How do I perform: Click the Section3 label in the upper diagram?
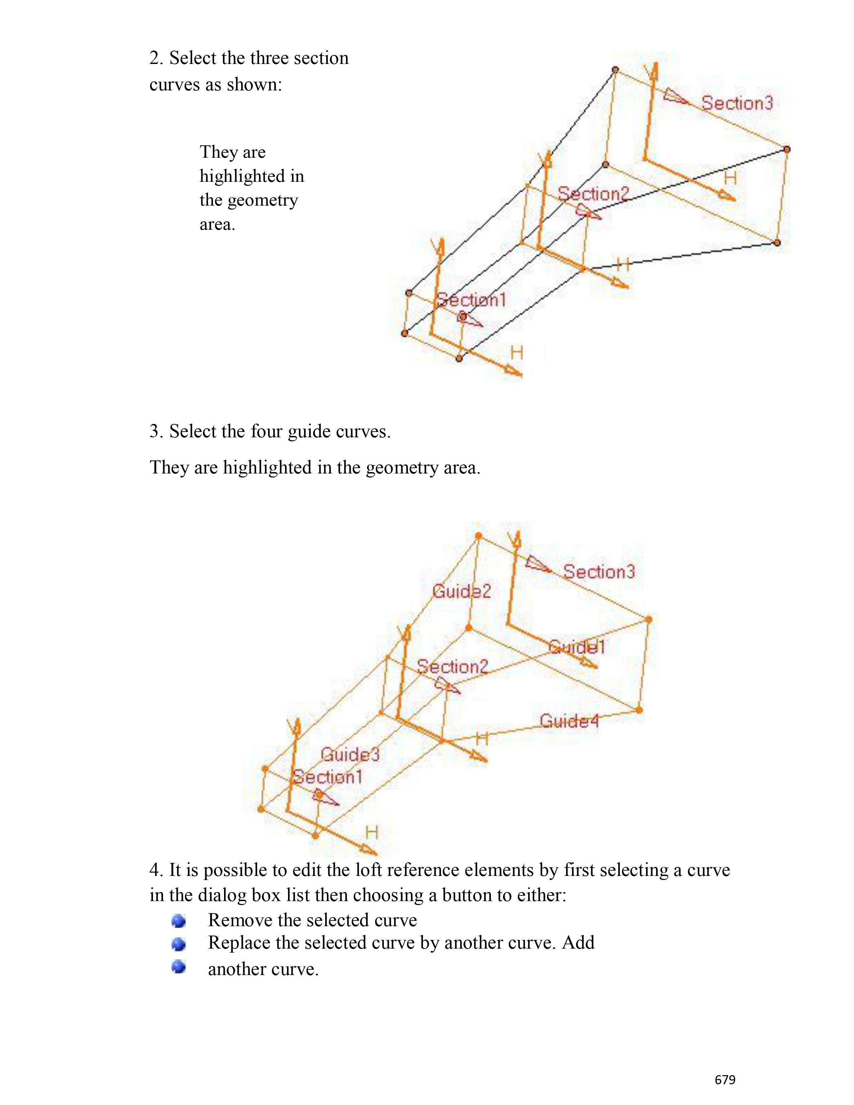pos(737,103)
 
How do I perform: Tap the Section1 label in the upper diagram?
pos(471,300)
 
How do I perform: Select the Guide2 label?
pos(461,591)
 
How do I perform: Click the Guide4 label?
pos(569,721)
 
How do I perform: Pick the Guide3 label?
pos(350,754)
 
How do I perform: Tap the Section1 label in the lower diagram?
pos(328,777)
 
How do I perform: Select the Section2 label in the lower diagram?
pos(452,667)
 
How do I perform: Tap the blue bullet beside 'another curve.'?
pos(178,967)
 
